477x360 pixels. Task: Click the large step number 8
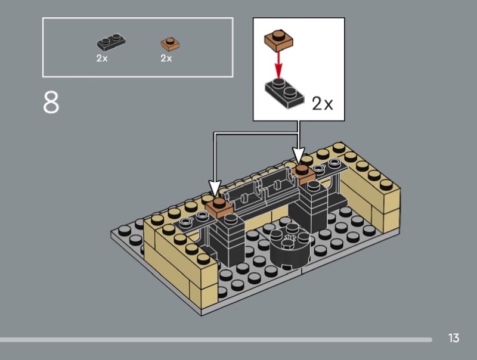click(51, 102)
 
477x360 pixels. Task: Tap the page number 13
click(454, 339)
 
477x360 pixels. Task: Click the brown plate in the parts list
click(170, 44)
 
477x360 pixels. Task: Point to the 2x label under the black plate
click(102, 58)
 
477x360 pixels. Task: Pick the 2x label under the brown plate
click(166, 58)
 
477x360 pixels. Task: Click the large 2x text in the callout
click(323, 104)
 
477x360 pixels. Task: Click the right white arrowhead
click(299, 156)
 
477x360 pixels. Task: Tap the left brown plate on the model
click(218, 206)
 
